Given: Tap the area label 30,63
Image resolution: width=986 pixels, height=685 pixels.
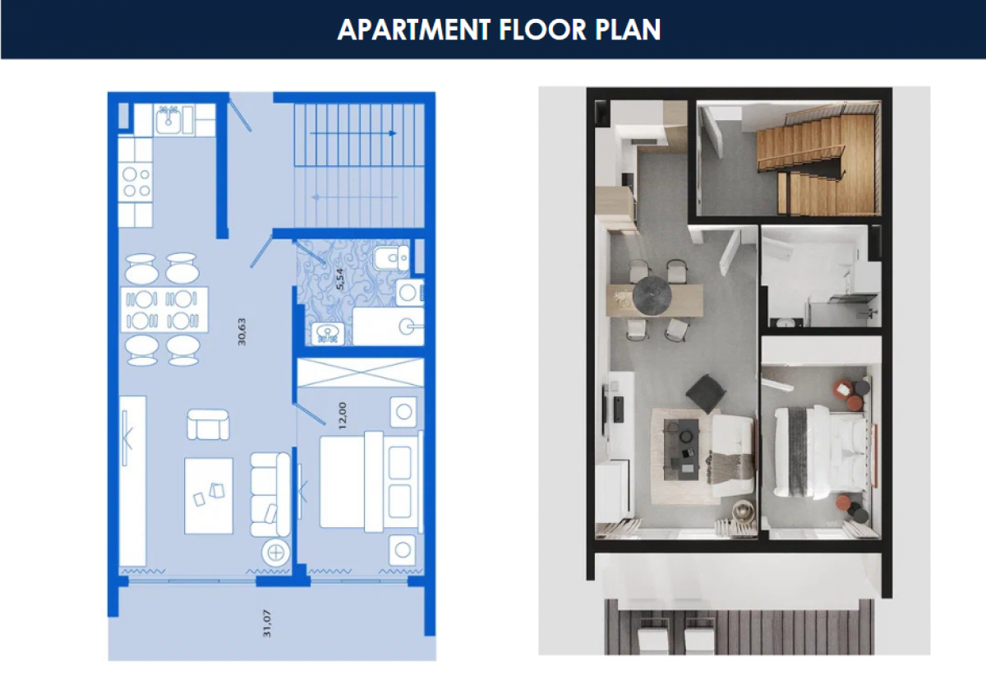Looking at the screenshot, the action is (x=242, y=331).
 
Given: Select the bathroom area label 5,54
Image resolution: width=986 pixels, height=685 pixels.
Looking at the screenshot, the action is (x=339, y=279).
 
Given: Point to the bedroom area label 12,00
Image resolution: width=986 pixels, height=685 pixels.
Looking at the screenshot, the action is (x=343, y=415).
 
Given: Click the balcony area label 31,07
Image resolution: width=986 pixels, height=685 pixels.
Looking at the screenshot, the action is (x=267, y=623).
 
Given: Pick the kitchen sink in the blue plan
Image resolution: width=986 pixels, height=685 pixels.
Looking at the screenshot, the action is (x=168, y=119).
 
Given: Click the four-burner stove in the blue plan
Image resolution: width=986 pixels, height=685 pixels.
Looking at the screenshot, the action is (x=136, y=183).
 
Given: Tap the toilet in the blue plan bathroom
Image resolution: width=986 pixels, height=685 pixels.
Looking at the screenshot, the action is (x=392, y=257).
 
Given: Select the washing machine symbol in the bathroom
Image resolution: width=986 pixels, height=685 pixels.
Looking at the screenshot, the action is (x=409, y=293).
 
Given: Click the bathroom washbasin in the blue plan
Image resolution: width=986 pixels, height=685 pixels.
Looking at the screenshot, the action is (x=328, y=334).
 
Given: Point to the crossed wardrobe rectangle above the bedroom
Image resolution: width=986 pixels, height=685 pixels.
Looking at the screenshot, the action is (x=360, y=373).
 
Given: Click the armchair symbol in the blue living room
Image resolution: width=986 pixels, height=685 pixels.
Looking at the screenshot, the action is (x=208, y=424).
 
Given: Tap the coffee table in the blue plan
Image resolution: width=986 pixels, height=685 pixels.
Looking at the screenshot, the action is (x=209, y=496).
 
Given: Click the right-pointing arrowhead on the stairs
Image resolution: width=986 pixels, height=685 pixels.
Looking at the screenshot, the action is (x=392, y=133).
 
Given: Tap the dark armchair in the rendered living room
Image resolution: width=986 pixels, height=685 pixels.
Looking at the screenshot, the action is (x=705, y=393).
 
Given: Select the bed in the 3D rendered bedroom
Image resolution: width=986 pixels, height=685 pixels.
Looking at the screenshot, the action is (x=824, y=453).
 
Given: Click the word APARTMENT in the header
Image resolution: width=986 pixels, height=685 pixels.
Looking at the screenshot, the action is (x=414, y=30).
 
